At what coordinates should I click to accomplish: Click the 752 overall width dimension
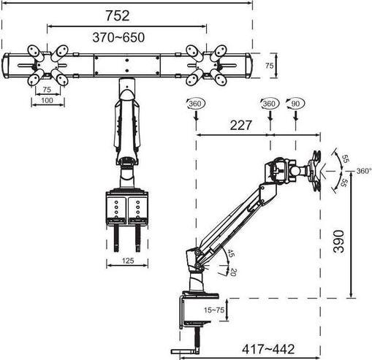click(x=126, y=15)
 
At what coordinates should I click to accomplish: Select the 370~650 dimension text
click(x=126, y=37)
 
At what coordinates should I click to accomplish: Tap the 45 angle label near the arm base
click(x=229, y=253)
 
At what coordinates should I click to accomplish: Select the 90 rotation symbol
click(x=295, y=104)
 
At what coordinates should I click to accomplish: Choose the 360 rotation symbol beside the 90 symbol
click(x=269, y=104)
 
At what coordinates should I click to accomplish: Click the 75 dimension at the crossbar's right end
click(x=269, y=66)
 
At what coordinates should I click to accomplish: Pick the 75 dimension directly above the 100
click(x=47, y=90)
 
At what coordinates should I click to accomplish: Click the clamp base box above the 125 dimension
click(x=128, y=207)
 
